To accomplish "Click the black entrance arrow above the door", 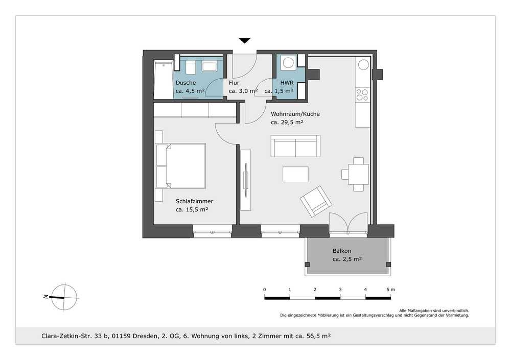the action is coord(244,40).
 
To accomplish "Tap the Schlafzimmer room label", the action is coord(194,201).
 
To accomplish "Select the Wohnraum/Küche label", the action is coord(295,114).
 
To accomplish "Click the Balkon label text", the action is coord(342,251).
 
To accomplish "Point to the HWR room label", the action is coord(287,83).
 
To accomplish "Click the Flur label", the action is coord(234,83).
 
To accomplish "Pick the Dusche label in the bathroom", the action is coord(186,83).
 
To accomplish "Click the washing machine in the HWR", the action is coord(288,62).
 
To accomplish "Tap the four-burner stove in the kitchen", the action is coord(362,95).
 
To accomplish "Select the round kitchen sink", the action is coord(363,64).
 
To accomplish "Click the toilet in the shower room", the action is coord(190,67).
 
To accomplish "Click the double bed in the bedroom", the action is coord(181,166).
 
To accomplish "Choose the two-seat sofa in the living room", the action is coord(295,146).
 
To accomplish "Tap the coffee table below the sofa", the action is coord(295,174).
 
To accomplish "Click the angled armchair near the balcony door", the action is coord(316,201).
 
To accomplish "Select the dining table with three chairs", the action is coord(356,174).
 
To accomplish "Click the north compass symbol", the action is coord(64,297).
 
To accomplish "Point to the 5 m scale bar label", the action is coord(390,290).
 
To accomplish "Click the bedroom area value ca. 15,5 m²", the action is coord(192,210).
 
